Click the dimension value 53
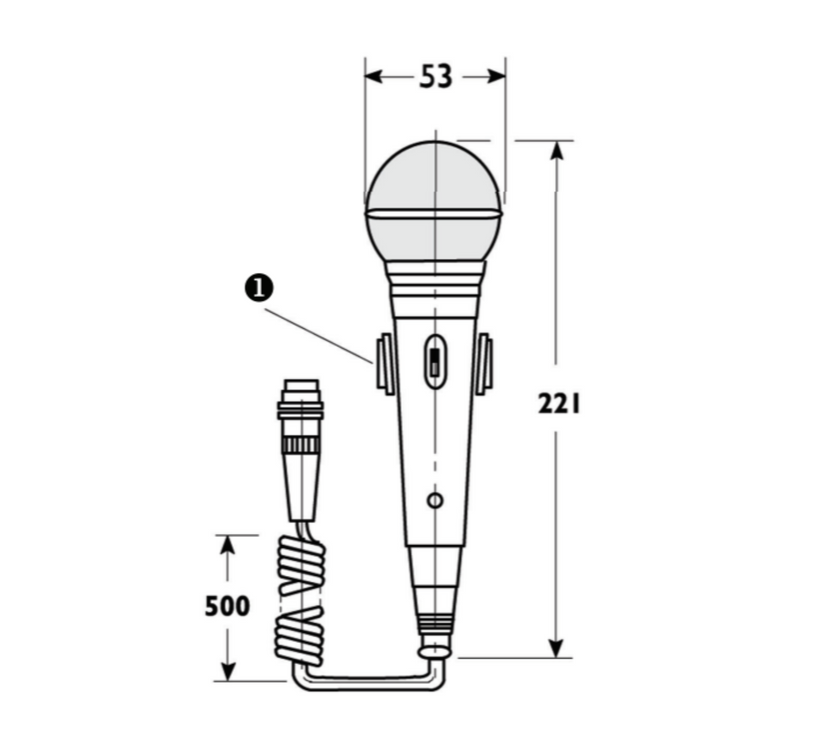pos(435,77)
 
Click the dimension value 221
pos(559,404)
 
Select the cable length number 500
pos(228,606)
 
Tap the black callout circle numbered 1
pos(259,288)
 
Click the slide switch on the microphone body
pos(434,361)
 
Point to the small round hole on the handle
pos(434,499)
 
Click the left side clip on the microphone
pos(385,364)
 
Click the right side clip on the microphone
pos(484,364)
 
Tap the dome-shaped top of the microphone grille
pos(433,175)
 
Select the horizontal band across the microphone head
pos(433,213)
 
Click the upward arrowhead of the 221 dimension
pos(557,150)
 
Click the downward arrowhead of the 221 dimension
pos(557,647)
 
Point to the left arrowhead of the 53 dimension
pos(374,76)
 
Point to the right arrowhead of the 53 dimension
pos(496,76)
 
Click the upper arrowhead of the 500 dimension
pos(228,544)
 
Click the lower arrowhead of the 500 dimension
pos(228,671)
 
